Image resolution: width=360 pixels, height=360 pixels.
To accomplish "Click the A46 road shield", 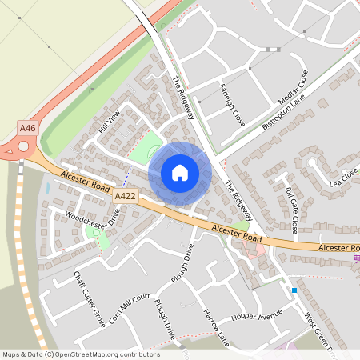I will pos(28,127).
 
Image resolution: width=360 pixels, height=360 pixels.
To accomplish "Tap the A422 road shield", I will pos(124,195).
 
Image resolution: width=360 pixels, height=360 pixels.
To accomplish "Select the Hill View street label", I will pos(109,122).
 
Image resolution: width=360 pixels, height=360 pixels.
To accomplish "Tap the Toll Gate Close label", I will pos(291,209).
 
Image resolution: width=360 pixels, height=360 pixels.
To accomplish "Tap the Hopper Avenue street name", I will pos(257,316).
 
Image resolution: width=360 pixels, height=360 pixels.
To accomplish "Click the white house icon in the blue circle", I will pos(179,173).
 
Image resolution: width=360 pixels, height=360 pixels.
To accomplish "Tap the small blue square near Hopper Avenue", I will pos(294,290).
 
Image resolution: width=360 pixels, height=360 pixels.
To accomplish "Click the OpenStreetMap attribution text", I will pos(80,354).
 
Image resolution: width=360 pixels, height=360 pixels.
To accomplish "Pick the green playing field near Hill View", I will pos(145,149).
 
